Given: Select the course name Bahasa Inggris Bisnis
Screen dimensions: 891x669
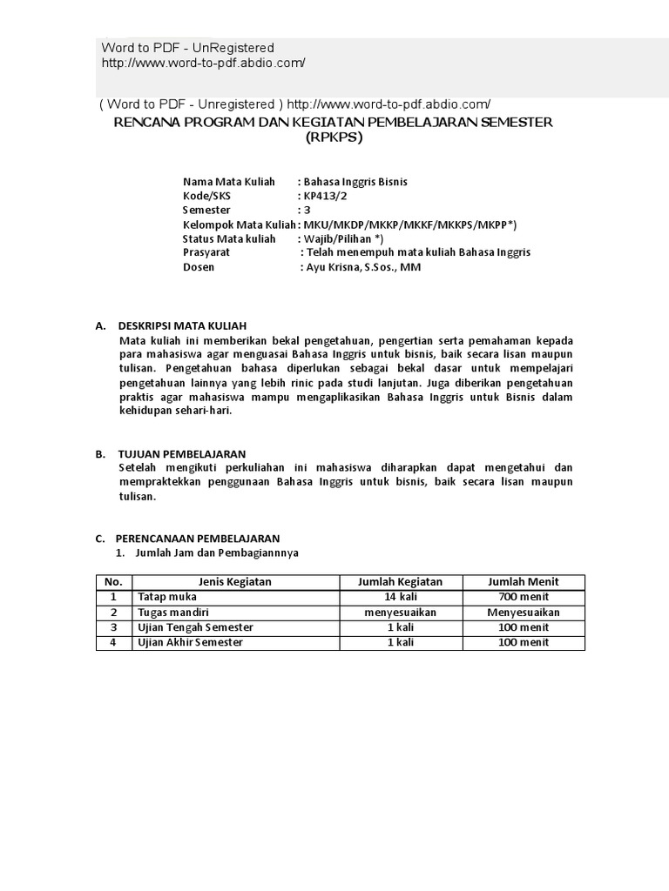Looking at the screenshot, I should coord(355,182).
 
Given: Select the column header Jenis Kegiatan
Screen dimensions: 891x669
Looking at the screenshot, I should coord(235,582).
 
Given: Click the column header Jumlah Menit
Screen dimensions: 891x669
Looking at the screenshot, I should coord(524,582).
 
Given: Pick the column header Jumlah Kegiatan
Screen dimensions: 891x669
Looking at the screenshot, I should coord(401,582).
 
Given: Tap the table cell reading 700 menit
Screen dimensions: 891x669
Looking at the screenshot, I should coord(524,598).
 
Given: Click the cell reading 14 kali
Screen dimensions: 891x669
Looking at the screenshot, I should coord(401,598).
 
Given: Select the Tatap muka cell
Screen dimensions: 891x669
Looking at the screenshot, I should coord(167,598).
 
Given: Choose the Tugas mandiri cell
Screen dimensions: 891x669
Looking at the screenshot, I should coord(173,613).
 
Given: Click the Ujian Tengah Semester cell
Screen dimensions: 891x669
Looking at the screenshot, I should coord(194,627).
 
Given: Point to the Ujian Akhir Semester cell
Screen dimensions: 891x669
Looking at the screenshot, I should coord(190,642).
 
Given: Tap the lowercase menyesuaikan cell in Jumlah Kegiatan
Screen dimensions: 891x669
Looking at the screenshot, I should coord(401,613).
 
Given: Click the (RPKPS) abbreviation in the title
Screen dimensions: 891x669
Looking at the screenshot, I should coord(334,137).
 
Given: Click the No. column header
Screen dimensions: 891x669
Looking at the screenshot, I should coord(113,582).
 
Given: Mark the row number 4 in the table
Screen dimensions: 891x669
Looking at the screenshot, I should coord(113,642).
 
